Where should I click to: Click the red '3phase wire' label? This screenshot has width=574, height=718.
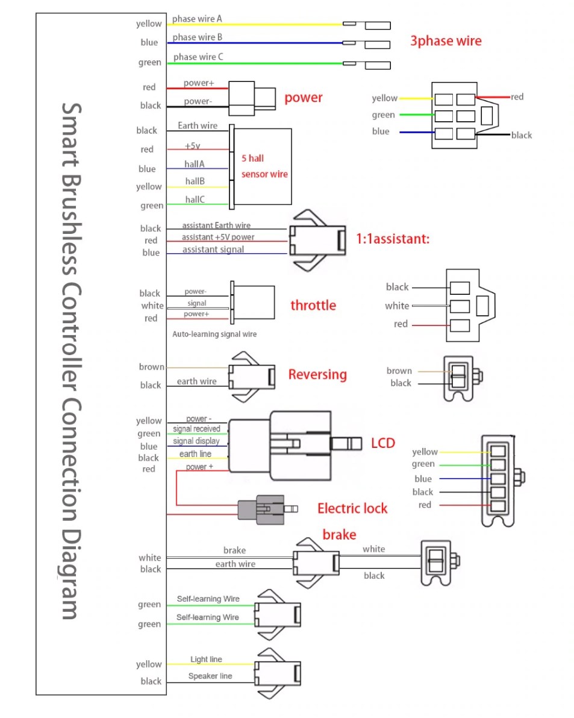pyautogui.click(x=446, y=41)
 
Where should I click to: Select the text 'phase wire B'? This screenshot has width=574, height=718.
pyautogui.click(x=198, y=37)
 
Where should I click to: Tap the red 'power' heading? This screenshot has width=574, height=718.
pyautogui.click(x=303, y=98)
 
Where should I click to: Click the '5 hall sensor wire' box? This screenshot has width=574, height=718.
pyautogui.click(x=264, y=166)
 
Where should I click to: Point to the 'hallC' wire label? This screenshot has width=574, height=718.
pyautogui.click(x=195, y=199)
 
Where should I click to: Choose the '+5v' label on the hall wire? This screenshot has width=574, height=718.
pyautogui.click(x=192, y=146)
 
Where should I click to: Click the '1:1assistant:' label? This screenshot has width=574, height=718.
pyautogui.click(x=393, y=239)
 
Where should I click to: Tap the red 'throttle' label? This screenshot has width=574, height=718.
pyautogui.click(x=313, y=305)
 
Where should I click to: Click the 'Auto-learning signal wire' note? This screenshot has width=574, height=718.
pyautogui.click(x=214, y=334)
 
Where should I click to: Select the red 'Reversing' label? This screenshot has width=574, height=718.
pyautogui.click(x=317, y=374)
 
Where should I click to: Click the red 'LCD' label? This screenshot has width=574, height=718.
pyautogui.click(x=382, y=443)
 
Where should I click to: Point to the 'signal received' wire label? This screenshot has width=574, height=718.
pyautogui.click(x=196, y=429)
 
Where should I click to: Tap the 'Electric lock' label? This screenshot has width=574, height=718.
pyautogui.click(x=352, y=508)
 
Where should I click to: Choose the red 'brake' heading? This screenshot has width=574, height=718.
pyautogui.click(x=339, y=535)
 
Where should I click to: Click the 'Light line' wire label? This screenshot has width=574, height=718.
pyautogui.click(x=206, y=660)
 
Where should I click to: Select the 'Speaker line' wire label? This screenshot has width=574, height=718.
pyautogui.click(x=210, y=676)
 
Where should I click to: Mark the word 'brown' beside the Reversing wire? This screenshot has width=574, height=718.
pyautogui.click(x=151, y=367)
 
